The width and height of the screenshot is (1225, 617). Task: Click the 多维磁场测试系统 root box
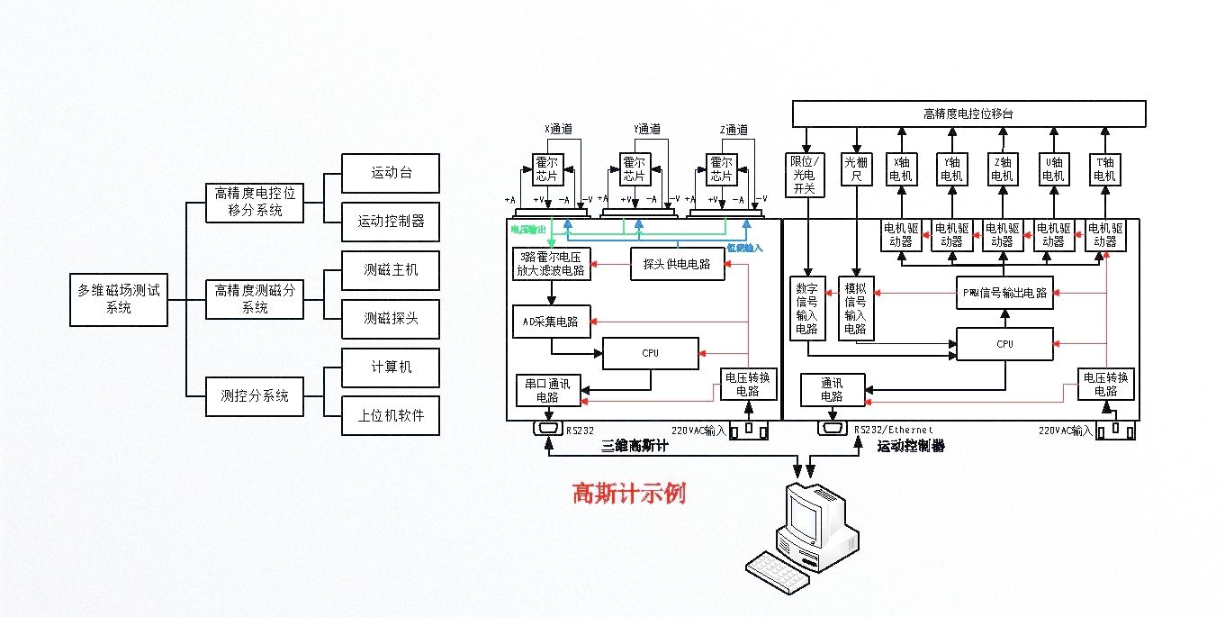click(118, 299)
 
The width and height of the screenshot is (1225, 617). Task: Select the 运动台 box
click(391, 173)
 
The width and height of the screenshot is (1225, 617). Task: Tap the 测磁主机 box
click(391, 270)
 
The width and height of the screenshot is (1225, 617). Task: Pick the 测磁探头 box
click(391, 319)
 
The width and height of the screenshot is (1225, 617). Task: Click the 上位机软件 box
click(391, 418)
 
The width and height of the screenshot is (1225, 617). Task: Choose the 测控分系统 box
click(255, 395)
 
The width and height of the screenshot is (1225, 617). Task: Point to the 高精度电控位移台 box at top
click(968, 113)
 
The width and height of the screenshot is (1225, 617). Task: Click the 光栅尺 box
click(854, 170)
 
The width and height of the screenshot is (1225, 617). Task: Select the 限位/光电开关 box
click(802, 175)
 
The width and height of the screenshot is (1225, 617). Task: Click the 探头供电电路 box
click(677, 264)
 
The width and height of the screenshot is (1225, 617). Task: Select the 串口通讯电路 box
click(547, 388)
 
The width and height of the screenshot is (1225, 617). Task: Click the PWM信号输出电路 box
click(1004, 293)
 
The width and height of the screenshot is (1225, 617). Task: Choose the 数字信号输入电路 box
click(807, 307)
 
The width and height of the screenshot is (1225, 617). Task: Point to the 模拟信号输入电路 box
click(854, 307)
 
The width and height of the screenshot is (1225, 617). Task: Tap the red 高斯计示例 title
click(629, 495)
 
